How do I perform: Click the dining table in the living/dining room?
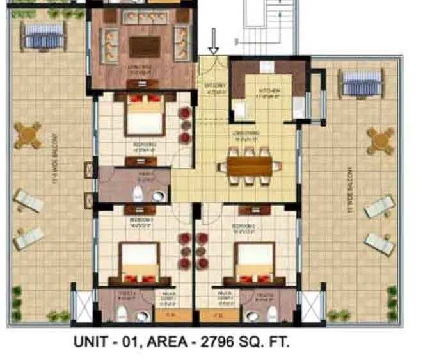tap(250, 166)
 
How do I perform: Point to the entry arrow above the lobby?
tap(214, 43)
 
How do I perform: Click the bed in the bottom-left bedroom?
tap(140, 263)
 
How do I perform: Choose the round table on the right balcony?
tap(380, 139)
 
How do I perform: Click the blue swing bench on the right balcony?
tap(361, 82)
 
